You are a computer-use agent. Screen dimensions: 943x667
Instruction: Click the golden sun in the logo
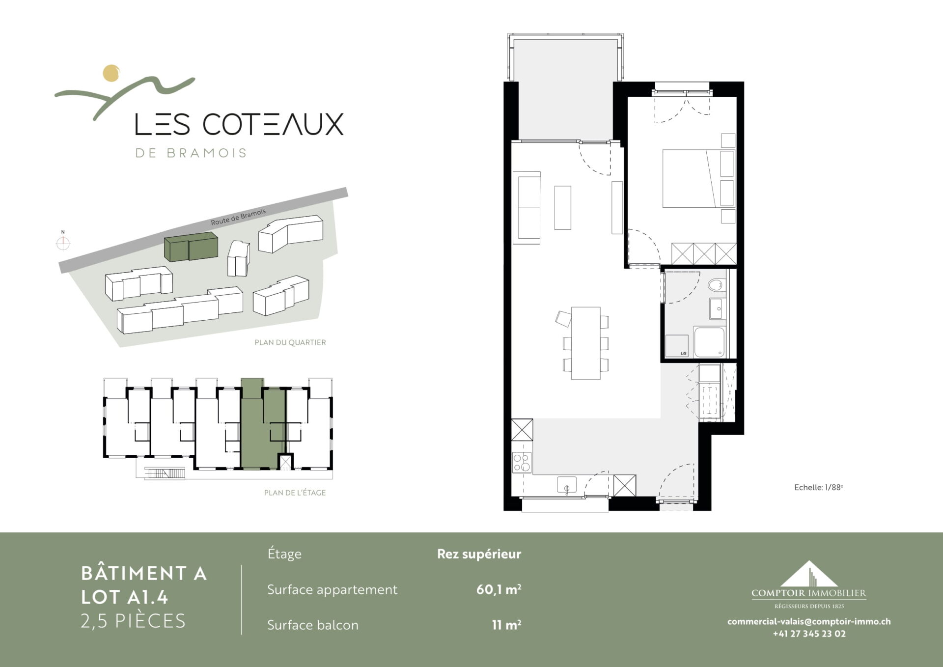pos(111,73)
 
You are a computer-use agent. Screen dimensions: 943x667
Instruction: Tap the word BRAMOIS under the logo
pos(207,153)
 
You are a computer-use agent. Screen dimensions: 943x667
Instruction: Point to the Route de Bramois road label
pos(238,217)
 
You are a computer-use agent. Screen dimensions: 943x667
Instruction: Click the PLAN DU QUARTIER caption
pos(290,342)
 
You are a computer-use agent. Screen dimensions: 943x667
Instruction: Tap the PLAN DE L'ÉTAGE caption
pos(295,493)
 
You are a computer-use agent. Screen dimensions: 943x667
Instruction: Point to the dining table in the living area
pos(586,343)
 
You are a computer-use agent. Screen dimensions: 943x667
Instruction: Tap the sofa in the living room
pos(527,208)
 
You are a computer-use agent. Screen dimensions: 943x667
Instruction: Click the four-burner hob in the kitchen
pos(522,463)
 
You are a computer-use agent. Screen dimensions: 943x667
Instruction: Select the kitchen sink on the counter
pos(567,485)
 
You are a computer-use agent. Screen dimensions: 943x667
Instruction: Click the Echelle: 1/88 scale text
pos(818,487)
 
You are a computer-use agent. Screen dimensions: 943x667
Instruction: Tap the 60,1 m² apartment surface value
pos(499,589)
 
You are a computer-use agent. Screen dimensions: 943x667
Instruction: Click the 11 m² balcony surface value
pos(506,625)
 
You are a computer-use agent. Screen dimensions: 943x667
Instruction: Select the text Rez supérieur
pos(479,554)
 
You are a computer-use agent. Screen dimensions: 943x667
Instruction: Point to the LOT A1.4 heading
pos(124,597)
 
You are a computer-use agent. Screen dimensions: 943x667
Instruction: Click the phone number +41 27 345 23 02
pos(809,634)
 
